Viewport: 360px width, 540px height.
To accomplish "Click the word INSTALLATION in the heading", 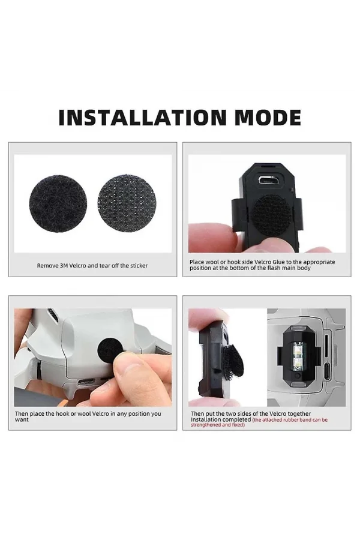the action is (143, 118).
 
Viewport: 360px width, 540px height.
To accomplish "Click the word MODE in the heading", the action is (268, 118).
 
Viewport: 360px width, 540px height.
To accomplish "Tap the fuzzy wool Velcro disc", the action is (58, 204).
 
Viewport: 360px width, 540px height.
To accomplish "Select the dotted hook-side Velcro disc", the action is (127, 204).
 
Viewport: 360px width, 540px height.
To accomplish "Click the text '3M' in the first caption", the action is (64, 266).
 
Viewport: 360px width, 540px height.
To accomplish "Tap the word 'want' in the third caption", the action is (22, 420).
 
